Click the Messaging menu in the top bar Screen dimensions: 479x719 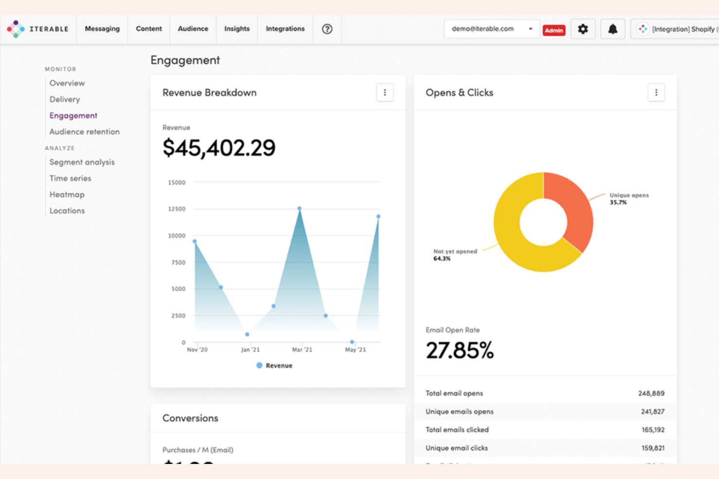click(x=102, y=29)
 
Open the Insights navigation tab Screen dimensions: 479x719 click(x=237, y=29)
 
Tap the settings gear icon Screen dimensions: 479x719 click(x=582, y=29)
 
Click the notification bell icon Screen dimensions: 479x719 click(x=613, y=29)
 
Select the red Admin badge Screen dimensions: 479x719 click(x=554, y=30)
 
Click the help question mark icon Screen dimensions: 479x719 click(x=327, y=29)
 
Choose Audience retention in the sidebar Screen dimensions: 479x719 click(x=84, y=132)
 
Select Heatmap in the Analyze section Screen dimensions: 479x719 click(x=67, y=195)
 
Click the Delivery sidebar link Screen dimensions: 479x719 click(x=65, y=99)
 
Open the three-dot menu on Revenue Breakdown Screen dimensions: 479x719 click(x=385, y=93)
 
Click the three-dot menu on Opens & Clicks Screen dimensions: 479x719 click(x=656, y=93)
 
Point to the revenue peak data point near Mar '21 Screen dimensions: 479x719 click(x=299, y=208)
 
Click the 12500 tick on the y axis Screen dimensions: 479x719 click(x=177, y=209)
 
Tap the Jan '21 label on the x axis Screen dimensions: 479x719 click(x=250, y=349)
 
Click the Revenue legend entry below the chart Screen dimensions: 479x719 click(x=274, y=365)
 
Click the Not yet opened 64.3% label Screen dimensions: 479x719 click(x=455, y=255)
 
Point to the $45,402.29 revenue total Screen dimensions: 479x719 click(x=219, y=148)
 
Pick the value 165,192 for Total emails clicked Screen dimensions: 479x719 click(x=653, y=430)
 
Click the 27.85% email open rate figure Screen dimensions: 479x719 click(x=460, y=350)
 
